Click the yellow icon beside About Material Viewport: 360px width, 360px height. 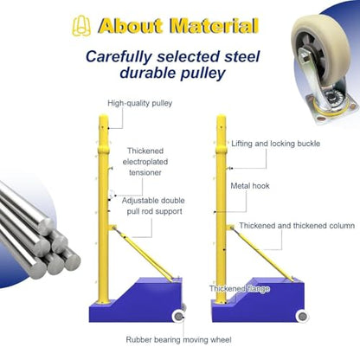(x=81, y=26)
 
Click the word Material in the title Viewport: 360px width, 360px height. (x=214, y=26)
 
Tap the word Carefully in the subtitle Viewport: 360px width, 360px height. (x=119, y=57)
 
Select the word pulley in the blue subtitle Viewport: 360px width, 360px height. (x=202, y=74)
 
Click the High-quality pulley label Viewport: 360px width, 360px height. (x=140, y=103)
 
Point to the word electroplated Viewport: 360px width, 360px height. (x=145, y=162)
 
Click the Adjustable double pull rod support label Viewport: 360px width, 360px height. (x=153, y=206)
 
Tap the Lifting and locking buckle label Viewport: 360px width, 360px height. (x=276, y=144)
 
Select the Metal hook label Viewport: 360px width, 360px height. (x=250, y=186)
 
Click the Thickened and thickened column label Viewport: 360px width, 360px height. (x=297, y=226)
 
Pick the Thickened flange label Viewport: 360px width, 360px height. (x=240, y=289)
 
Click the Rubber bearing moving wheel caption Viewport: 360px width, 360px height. (x=178, y=339)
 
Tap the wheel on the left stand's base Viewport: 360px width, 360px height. (x=178, y=317)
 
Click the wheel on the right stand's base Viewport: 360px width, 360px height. (x=302, y=317)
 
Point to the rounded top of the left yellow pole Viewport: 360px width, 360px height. (x=104, y=119)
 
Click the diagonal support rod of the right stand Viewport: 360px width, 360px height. (x=263, y=254)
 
